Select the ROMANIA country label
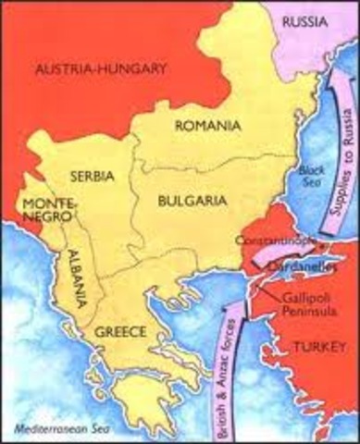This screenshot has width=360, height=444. coord(209,125)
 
